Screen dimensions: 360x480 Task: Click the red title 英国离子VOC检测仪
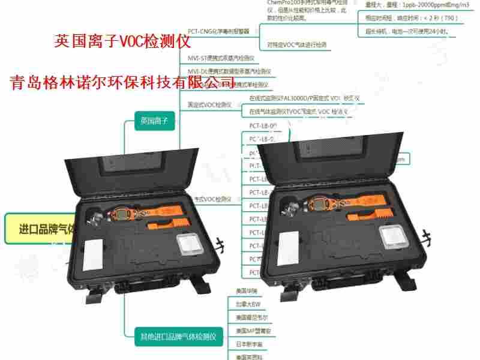(x=122, y=41)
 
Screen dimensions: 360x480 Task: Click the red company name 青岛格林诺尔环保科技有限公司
(x=122, y=82)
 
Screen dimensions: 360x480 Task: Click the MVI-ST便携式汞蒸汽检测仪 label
(x=225, y=59)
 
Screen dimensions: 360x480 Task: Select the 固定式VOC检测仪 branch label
(x=209, y=105)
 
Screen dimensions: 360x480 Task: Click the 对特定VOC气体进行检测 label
(x=297, y=45)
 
